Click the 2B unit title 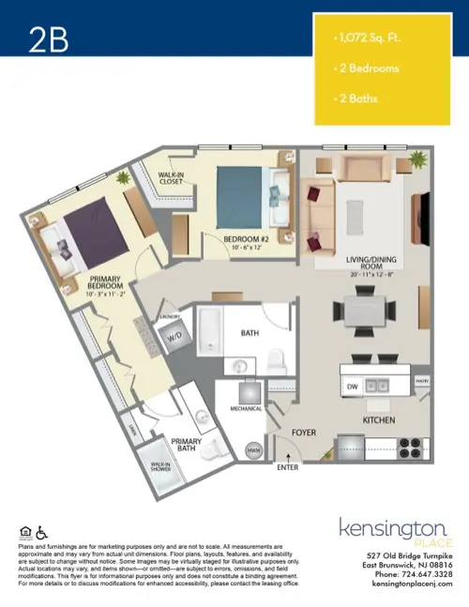(48, 38)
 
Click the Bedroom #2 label (247, 241)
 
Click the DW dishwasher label (352, 386)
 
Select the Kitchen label (379, 419)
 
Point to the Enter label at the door (288, 465)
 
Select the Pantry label (421, 381)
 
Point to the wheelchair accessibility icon (38, 533)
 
